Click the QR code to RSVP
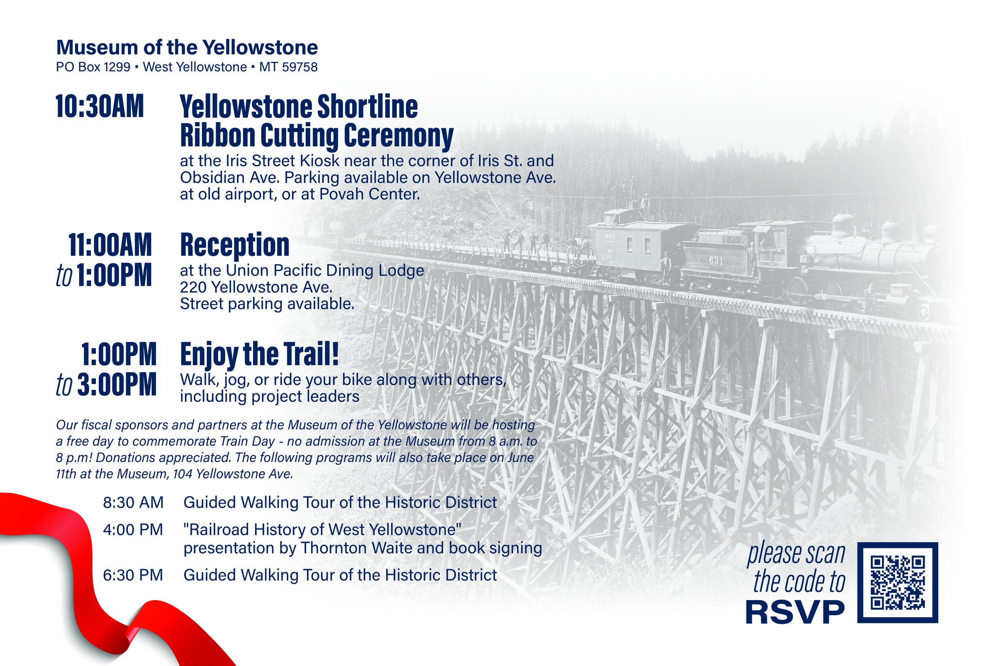(x=898, y=582)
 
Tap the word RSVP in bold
(x=795, y=612)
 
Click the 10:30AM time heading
(x=100, y=107)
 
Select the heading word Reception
(x=235, y=245)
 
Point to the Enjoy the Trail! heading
(x=260, y=355)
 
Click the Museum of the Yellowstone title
(x=187, y=47)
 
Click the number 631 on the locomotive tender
(x=716, y=261)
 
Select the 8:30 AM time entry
(x=133, y=502)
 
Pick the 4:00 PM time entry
(x=133, y=529)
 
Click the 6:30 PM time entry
(x=133, y=575)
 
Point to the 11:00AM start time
(x=110, y=245)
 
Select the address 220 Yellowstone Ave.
(x=256, y=287)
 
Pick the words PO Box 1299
(x=93, y=67)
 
